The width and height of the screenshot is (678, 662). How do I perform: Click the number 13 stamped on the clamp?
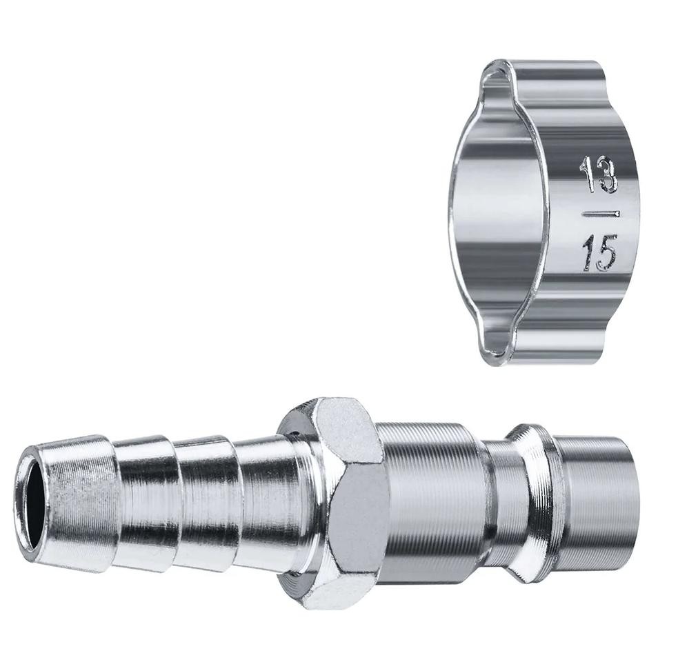point(599,174)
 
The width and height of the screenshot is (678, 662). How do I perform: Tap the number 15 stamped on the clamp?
point(599,256)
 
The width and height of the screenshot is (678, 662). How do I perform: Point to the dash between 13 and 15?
point(601,214)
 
